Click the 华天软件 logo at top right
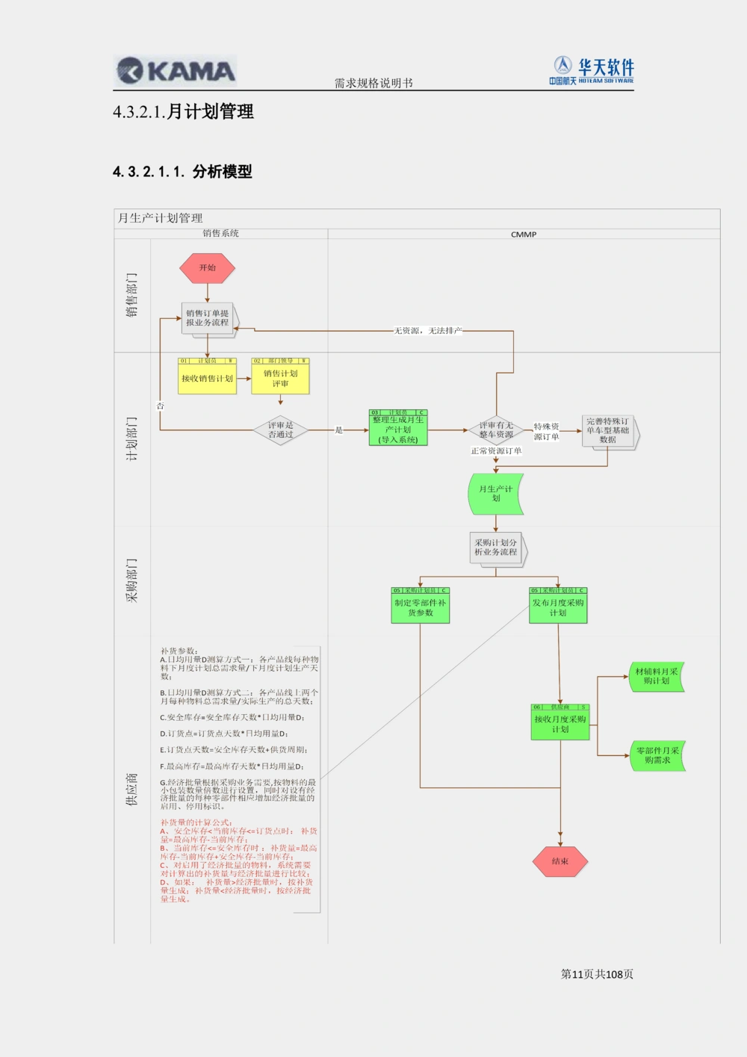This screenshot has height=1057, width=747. coord(593,71)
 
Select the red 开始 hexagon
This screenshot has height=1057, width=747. coord(207,268)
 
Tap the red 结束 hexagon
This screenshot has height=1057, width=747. coord(560,861)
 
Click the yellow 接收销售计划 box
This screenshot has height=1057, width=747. coord(207,378)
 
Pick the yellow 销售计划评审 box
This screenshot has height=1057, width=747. coord(280,378)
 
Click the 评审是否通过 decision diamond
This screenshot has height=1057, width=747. coord(281,430)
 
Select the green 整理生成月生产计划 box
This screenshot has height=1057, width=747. coord(398,430)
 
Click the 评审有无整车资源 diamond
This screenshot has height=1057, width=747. coord(496,430)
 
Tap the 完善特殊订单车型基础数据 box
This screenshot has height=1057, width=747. coord(608,431)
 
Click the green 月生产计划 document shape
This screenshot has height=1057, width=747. coord(495,494)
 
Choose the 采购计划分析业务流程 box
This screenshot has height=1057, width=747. coord(496,548)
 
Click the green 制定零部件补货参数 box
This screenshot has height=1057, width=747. coord(420,607)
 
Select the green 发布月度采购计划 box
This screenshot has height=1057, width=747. coord(558,607)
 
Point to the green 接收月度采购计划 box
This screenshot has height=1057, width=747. coord(560,724)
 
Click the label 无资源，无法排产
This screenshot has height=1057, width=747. coord(428,330)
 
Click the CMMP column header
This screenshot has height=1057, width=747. coord(524,234)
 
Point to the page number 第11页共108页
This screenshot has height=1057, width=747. coord(597,974)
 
